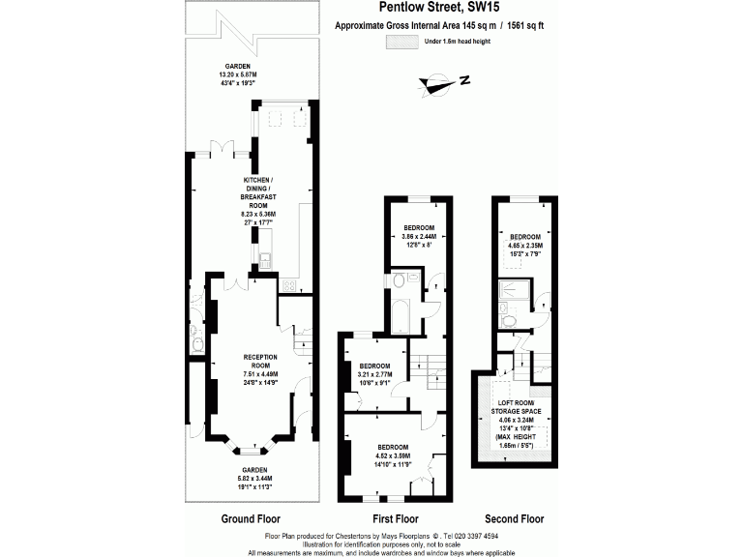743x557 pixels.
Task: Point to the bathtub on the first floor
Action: pos(400,313)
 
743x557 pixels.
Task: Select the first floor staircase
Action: pos(426,365)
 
